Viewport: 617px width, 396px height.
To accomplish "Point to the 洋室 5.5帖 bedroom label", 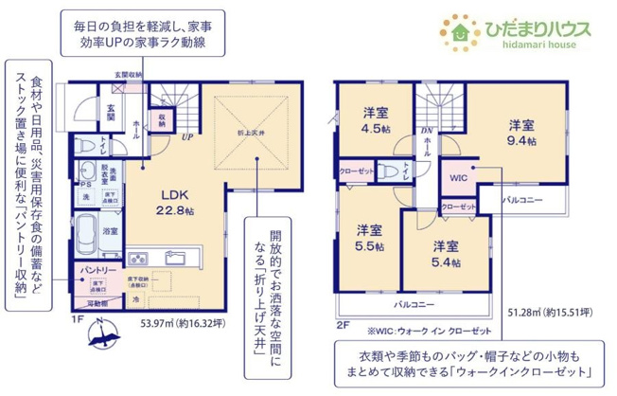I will click(370, 237).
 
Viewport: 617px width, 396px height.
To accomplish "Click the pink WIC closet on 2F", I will click(458, 177).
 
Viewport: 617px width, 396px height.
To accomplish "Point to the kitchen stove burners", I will click(138, 258).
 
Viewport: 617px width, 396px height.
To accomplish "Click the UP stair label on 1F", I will click(189, 138).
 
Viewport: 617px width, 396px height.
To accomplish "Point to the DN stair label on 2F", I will click(426, 132).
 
